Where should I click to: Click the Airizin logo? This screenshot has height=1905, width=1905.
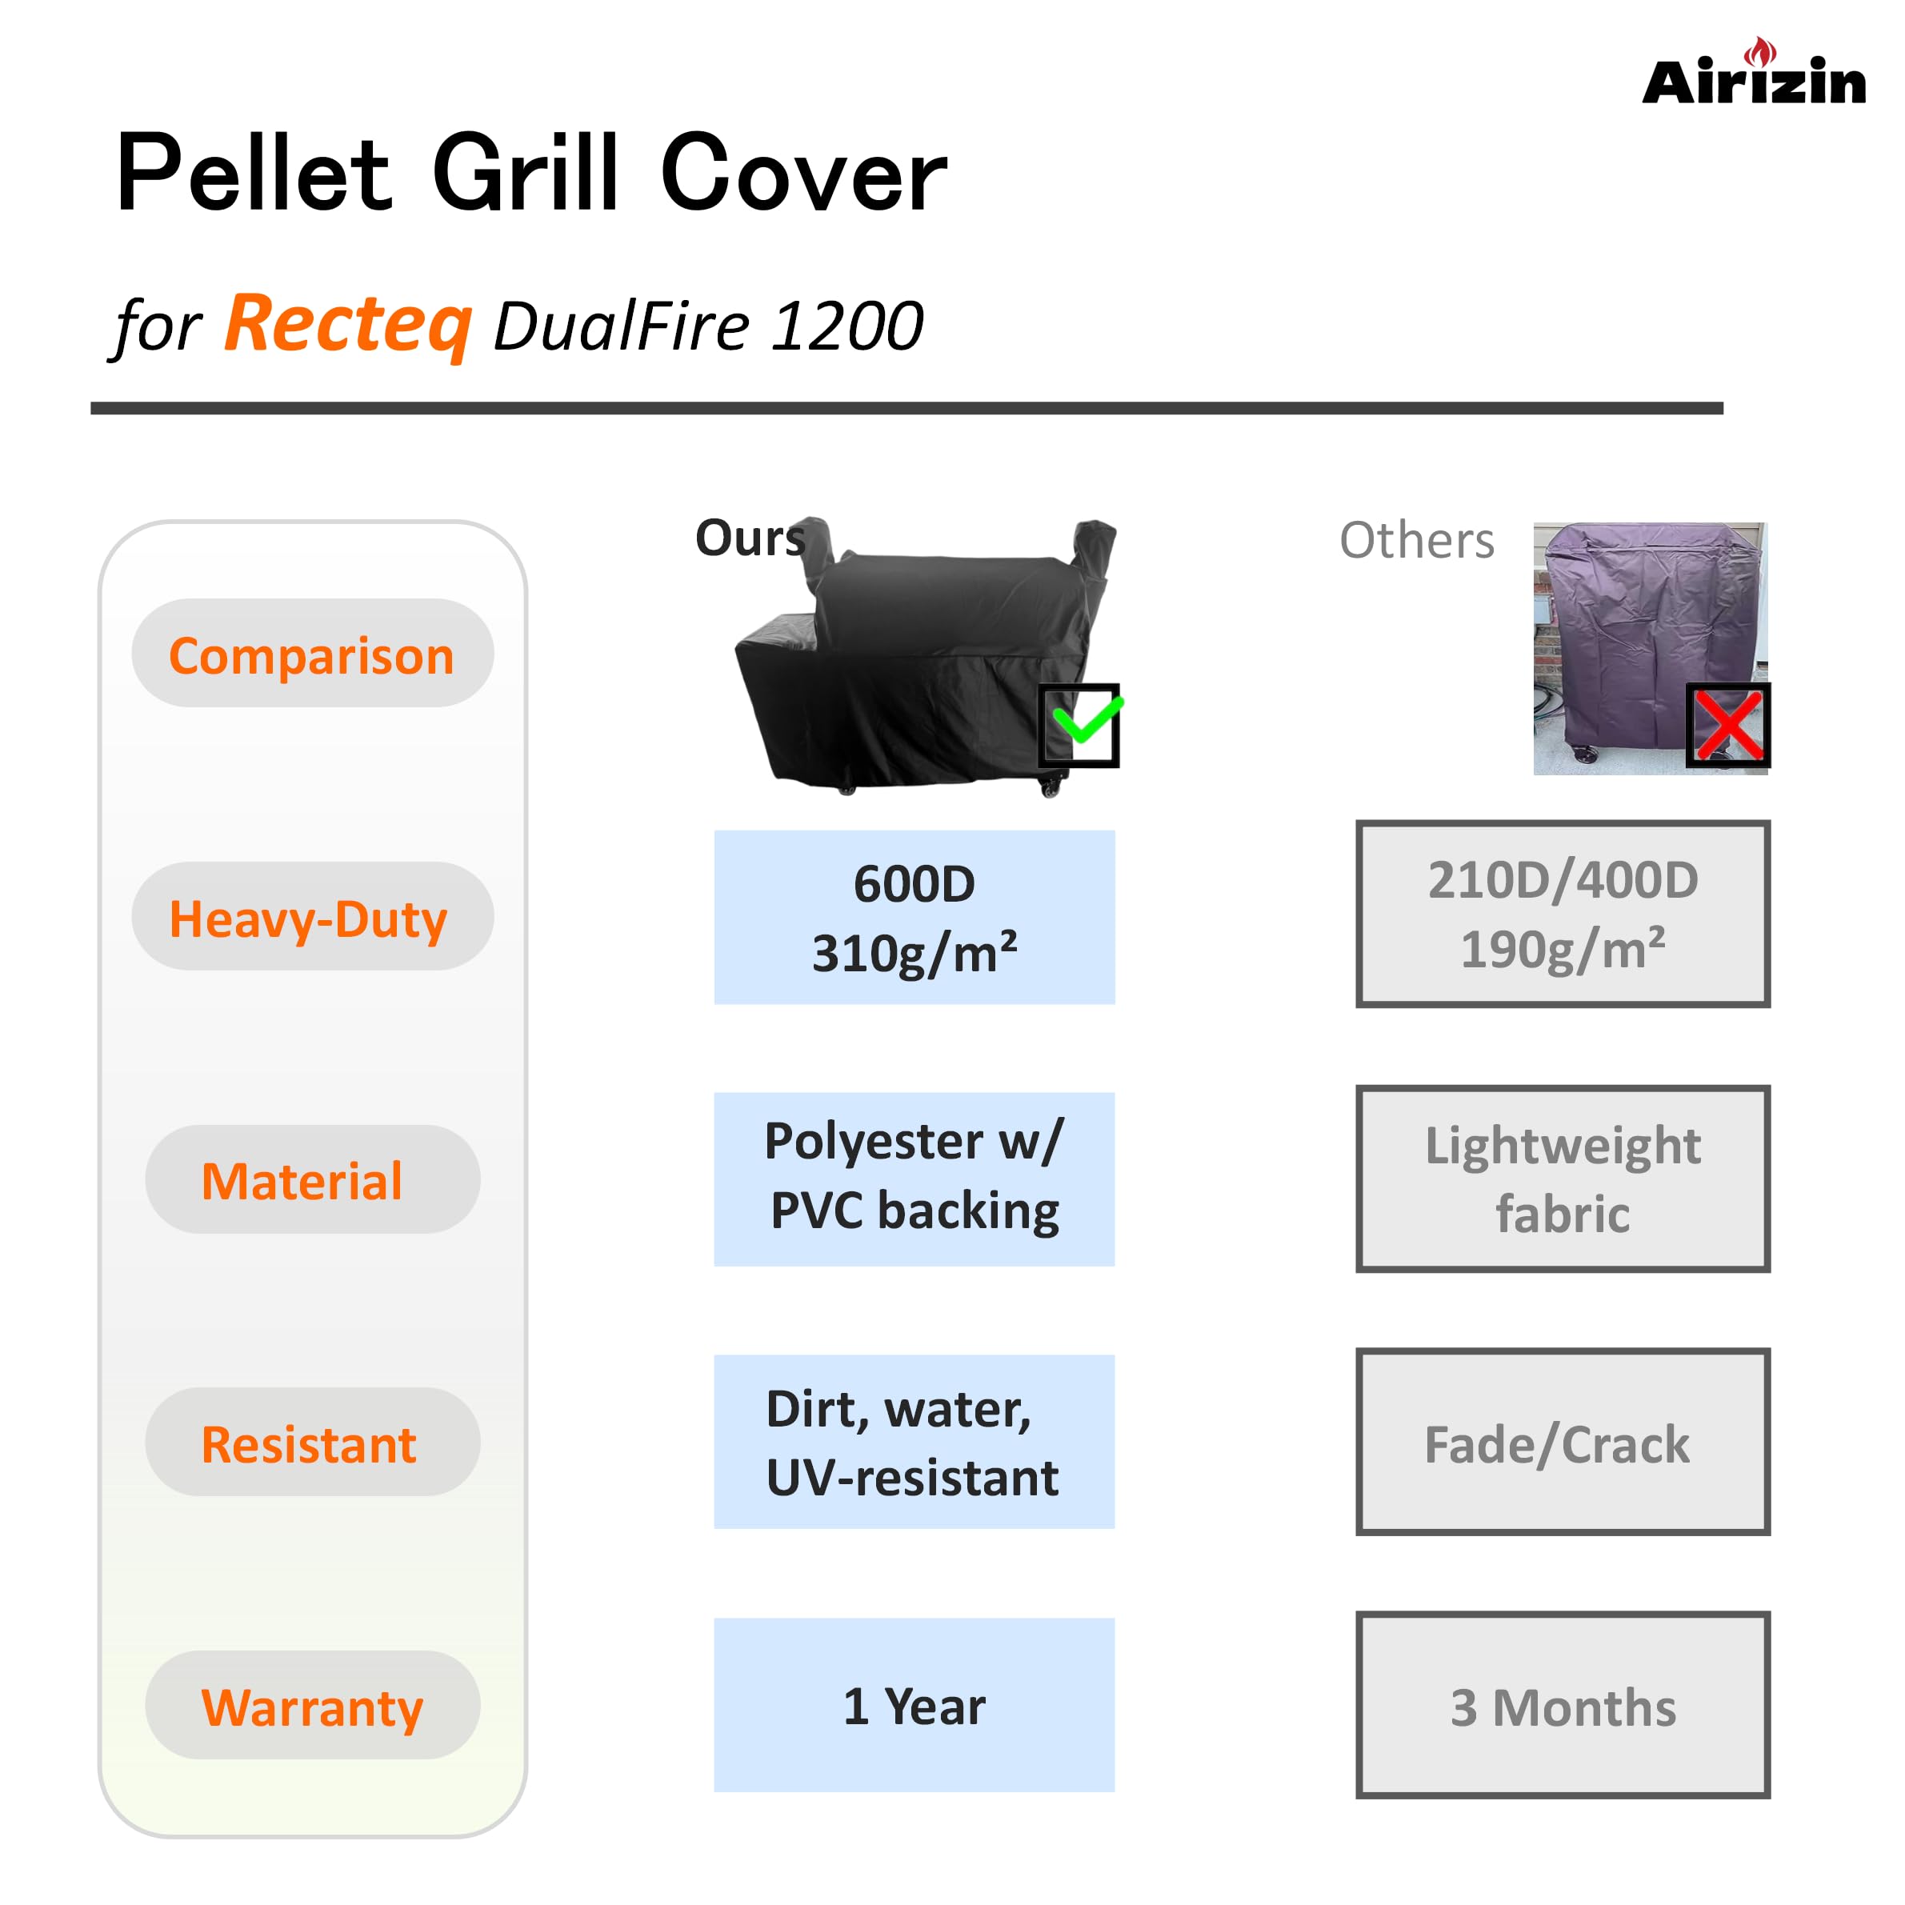tap(1753, 76)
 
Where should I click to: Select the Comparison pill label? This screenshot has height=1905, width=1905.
tap(311, 654)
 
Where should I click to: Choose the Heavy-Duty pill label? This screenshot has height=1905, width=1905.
tap(310, 917)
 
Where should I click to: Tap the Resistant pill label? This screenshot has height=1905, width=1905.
tap(309, 1443)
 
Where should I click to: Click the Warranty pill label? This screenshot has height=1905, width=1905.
tap(311, 1707)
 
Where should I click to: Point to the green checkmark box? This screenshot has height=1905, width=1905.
tap(1079, 725)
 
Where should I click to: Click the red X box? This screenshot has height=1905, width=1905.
tap(1727, 725)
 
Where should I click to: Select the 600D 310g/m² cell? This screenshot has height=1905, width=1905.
tap(914, 917)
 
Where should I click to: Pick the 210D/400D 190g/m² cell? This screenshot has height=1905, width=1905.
tap(1563, 914)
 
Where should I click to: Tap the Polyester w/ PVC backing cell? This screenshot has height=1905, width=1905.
tap(914, 1179)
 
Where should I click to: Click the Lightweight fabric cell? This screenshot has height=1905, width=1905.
tap(1563, 1179)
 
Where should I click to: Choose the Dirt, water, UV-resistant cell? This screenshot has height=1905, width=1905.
tap(914, 1442)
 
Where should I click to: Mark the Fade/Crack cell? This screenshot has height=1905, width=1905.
tap(1563, 1442)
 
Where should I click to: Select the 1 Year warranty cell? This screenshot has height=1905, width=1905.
tap(914, 1706)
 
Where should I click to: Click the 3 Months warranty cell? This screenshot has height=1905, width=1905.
tap(1563, 1706)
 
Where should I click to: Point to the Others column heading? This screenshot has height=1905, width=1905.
tap(1416, 540)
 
